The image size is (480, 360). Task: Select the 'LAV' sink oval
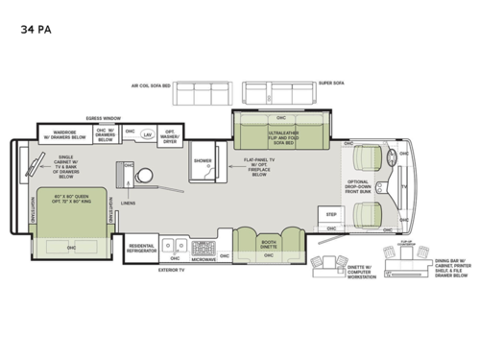pyautogui.click(x=147, y=135)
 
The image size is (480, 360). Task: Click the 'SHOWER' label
pyautogui.click(x=202, y=161)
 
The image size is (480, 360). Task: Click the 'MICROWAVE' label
pyautogui.click(x=202, y=259)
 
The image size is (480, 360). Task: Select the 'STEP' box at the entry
pyautogui.click(x=332, y=214)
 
